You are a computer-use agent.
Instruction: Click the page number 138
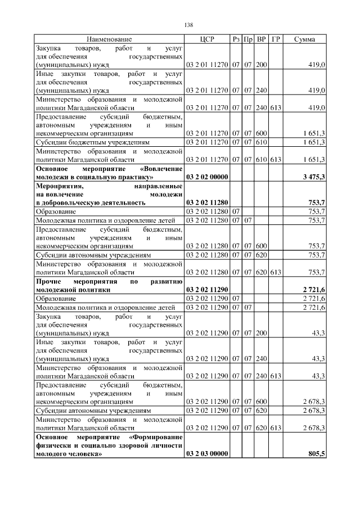[189, 25]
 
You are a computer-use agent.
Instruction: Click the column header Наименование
[109, 39]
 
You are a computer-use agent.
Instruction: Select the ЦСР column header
[207, 39]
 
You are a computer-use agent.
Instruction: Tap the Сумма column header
[304, 39]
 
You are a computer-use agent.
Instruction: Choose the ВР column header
[261, 39]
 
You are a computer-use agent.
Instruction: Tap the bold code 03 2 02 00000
[206, 177]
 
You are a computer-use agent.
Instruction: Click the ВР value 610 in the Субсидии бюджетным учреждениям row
[261, 142]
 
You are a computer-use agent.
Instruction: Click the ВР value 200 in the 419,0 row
[261, 65]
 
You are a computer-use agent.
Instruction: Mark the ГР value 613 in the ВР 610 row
[275, 159]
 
